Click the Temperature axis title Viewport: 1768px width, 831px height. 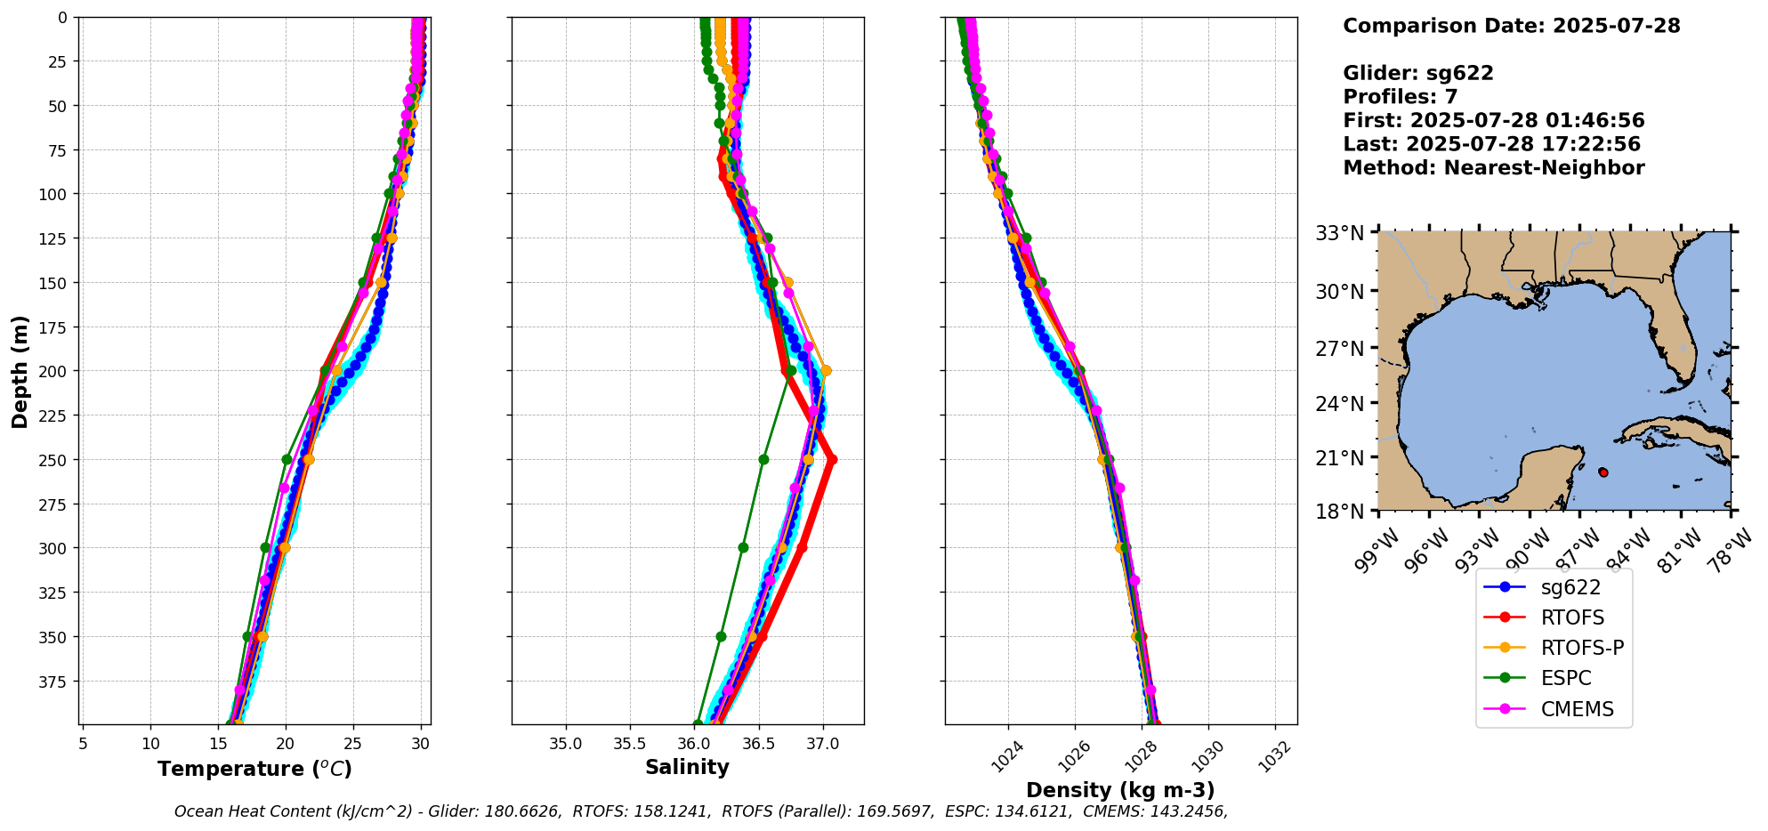(x=254, y=769)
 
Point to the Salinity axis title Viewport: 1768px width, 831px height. (x=687, y=767)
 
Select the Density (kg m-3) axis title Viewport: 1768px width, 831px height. (x=1120, y=790)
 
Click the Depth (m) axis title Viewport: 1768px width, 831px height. (x=20, y=371)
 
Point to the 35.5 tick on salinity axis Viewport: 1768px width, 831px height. (x=630, y=744)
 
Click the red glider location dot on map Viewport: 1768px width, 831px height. (x=1603, y=472)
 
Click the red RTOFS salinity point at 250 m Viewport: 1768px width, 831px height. (x=832, y=460)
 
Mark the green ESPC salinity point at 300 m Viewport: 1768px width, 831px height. (x=743, y=548)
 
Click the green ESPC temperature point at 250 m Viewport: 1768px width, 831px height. (x=287, y=460)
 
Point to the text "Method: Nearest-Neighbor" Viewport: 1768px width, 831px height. (x=1493, y=167)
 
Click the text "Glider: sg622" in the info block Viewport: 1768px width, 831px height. (x=1417, y=73)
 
